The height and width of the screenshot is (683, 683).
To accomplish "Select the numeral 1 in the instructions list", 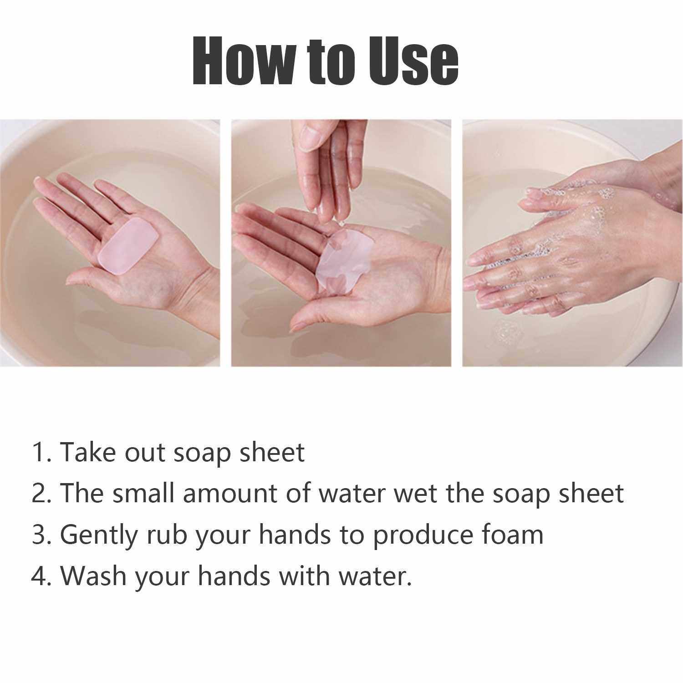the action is click(39, 453).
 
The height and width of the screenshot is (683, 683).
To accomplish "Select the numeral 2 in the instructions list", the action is click(40, 494).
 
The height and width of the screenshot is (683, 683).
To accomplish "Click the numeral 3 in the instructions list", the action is click(40, 535).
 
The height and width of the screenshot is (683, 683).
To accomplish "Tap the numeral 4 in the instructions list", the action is click(40, 576).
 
